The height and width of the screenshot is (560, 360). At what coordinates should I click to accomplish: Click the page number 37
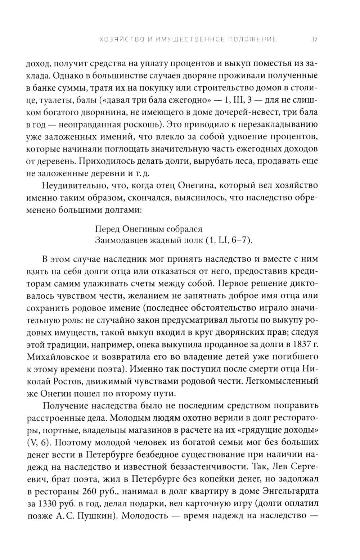[314, 39]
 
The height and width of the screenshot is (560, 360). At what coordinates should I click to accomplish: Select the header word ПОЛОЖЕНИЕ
[251, 39]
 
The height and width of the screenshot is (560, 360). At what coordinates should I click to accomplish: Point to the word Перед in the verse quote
[107, 229]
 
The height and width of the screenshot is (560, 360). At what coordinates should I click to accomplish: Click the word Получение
[64, 406]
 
